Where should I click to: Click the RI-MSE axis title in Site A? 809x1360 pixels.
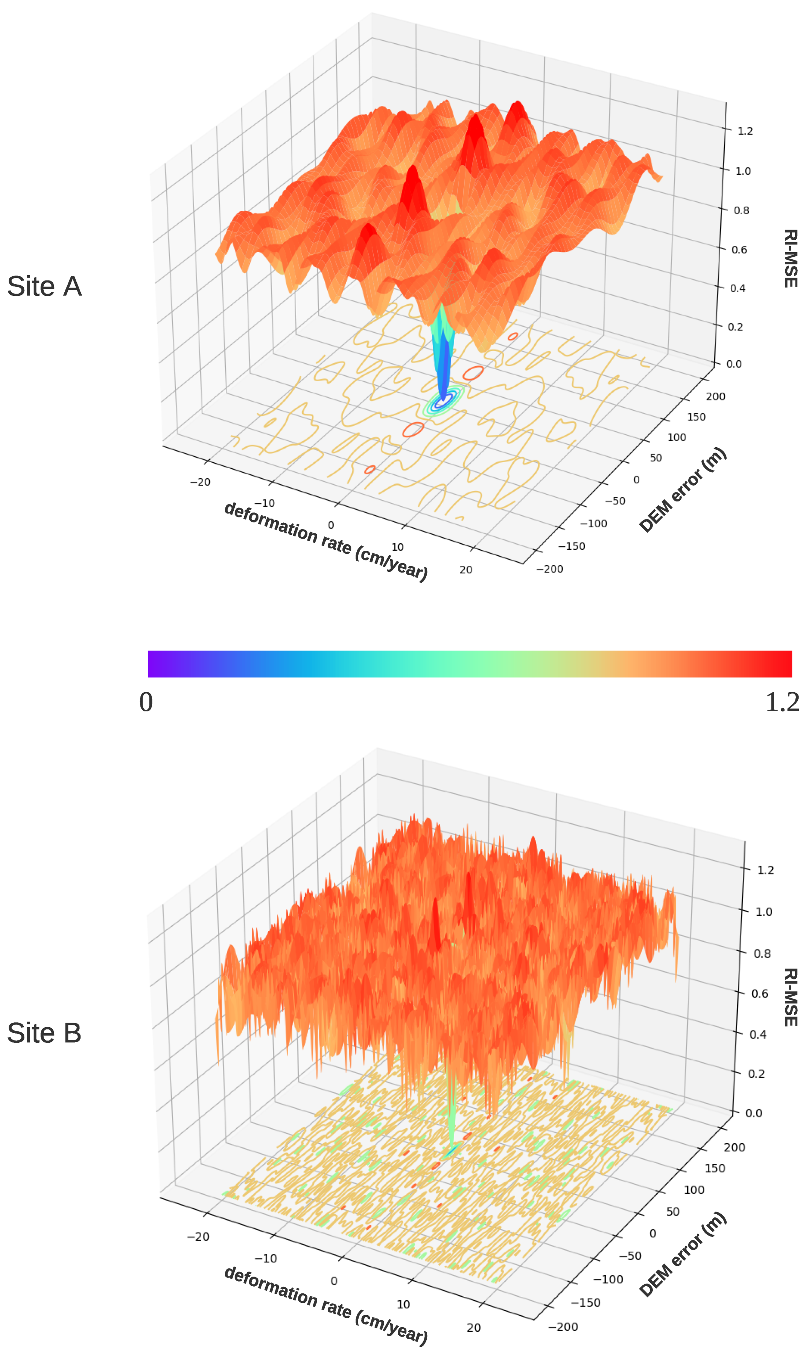pos(791,258)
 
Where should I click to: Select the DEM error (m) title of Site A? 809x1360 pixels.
pos(683,490)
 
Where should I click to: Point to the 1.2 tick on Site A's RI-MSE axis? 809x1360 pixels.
pos(745,131)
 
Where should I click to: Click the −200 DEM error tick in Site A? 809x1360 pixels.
pos(549,569)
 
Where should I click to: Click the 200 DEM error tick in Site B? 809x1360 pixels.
pos(734,1147)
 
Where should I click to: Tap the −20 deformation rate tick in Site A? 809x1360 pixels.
pos(200,482)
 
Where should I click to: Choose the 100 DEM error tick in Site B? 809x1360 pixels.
pos(693,1189)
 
